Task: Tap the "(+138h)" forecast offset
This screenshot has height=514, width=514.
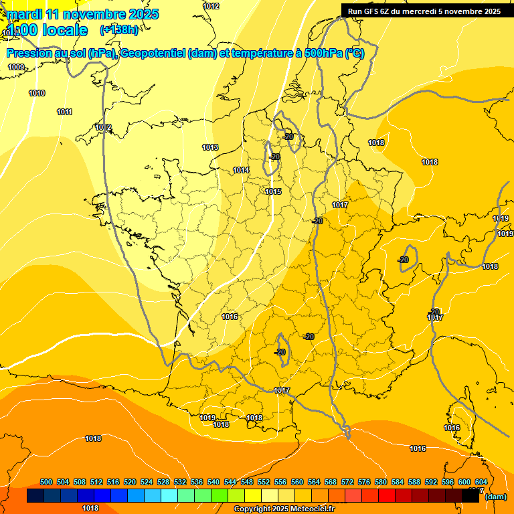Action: (x=119, y=29)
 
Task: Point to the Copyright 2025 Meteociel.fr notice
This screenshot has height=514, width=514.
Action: (x=284, y=509)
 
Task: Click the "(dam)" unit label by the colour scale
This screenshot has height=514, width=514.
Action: (x=495, y=497)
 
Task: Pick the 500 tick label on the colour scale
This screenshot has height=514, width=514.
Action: (x=46, y=482)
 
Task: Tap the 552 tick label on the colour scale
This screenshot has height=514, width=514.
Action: (x=264, y=482)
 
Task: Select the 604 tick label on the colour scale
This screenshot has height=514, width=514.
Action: (x=481, y=482)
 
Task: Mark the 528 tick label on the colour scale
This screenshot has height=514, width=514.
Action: (x=163, y=482)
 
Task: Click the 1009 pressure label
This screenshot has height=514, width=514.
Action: (x=16, y=67)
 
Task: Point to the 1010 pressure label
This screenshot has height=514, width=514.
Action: (x=37, y=93)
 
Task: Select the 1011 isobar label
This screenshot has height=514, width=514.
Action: (x=64, y=112)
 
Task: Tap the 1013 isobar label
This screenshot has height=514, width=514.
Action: (x=210, y=147)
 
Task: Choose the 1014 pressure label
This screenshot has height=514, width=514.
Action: (x=241, y=171)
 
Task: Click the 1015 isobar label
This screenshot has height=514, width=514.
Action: (x=273, y=191)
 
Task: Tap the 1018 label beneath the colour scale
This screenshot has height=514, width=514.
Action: (x=90, y=508)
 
